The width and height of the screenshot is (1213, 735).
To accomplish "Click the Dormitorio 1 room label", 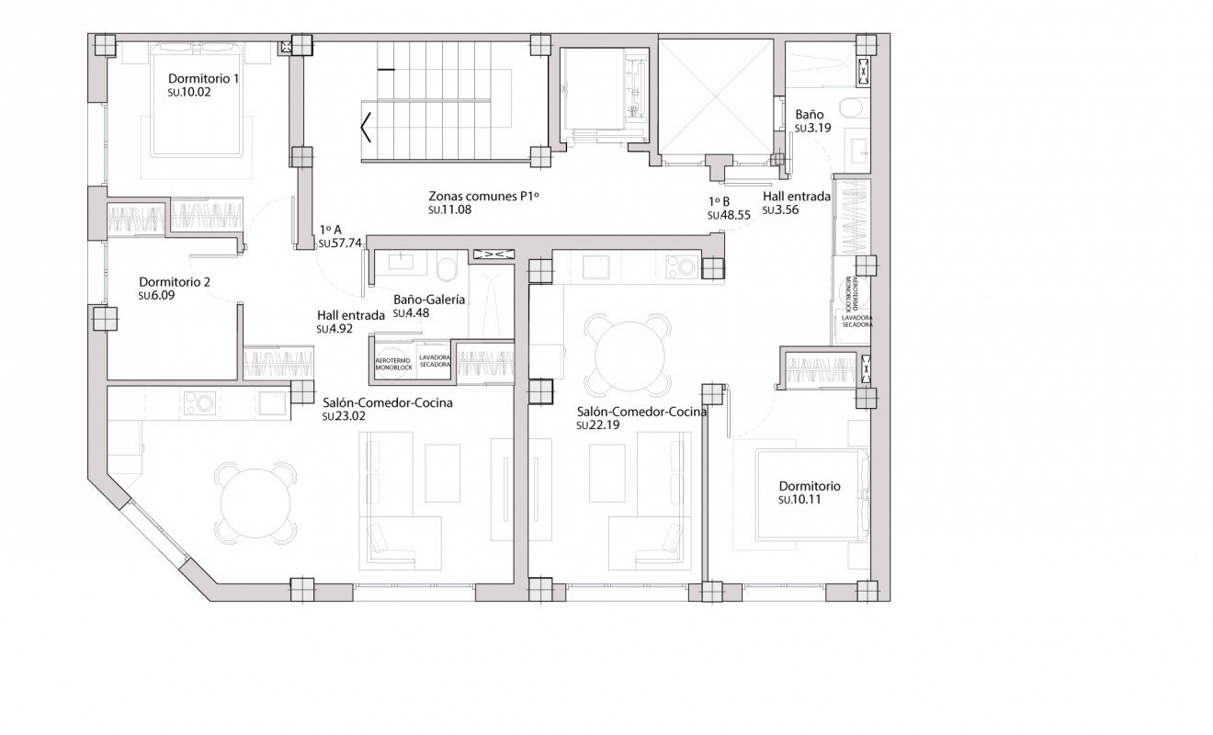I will click(203, 79).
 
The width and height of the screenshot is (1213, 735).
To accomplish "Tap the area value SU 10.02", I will click(189, 94).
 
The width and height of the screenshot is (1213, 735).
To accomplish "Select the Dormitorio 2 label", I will click(175, 282).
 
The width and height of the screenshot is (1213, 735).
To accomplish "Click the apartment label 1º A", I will click(331, 231).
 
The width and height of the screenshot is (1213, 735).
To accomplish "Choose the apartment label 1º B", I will click(719, 200).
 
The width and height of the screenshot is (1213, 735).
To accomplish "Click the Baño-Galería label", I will click(428, 300).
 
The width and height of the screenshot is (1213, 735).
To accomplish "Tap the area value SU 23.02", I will click(346, 416).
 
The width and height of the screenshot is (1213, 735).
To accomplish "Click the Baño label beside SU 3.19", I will click(809, 114).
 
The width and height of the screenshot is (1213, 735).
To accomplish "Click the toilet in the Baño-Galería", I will click(448, 269).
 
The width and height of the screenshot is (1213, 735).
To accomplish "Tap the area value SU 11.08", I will click(450, 211).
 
